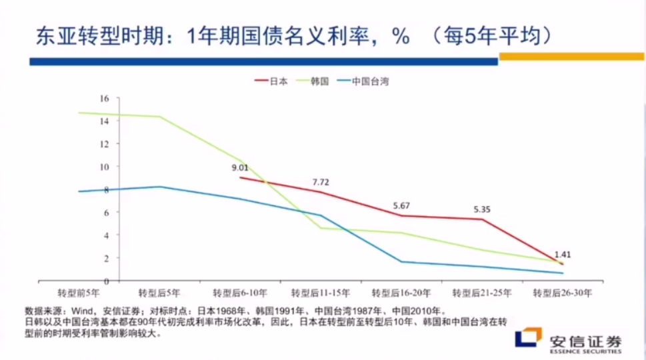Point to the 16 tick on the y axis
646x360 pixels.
[104, 98]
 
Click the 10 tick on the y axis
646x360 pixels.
[104, 167]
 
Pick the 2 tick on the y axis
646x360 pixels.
[106, 258]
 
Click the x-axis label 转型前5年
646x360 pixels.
[79, 292]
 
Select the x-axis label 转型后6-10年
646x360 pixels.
[240, 292]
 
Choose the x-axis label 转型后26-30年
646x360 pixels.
[562, 292]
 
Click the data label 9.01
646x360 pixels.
[240, 168]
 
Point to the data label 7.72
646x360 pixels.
[321, 182]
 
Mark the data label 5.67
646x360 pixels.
[401, 206]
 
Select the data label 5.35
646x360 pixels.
[482, 209]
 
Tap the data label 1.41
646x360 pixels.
[563, 254]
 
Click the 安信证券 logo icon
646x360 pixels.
[528, 338]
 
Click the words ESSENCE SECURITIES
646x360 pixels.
[585, 351]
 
